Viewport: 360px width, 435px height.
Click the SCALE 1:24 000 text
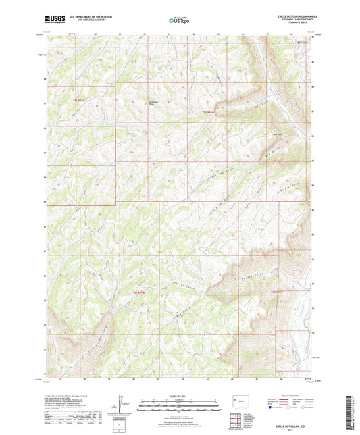[x=180, y=395]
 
